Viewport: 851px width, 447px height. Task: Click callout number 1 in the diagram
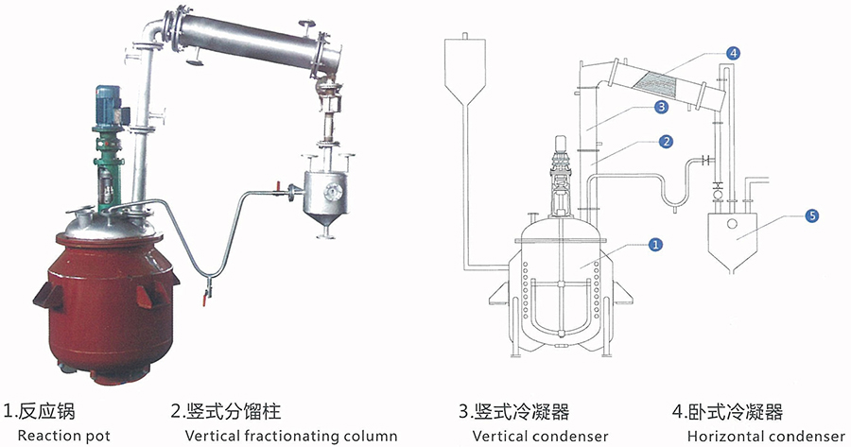654,245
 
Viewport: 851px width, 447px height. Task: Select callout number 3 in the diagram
662,108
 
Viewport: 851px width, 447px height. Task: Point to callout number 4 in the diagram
733,53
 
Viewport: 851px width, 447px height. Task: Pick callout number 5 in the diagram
810,215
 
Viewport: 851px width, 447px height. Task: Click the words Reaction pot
64,436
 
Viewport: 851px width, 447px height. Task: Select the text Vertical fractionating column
291,436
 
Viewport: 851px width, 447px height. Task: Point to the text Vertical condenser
540,436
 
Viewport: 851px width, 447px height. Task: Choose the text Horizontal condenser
766,436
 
